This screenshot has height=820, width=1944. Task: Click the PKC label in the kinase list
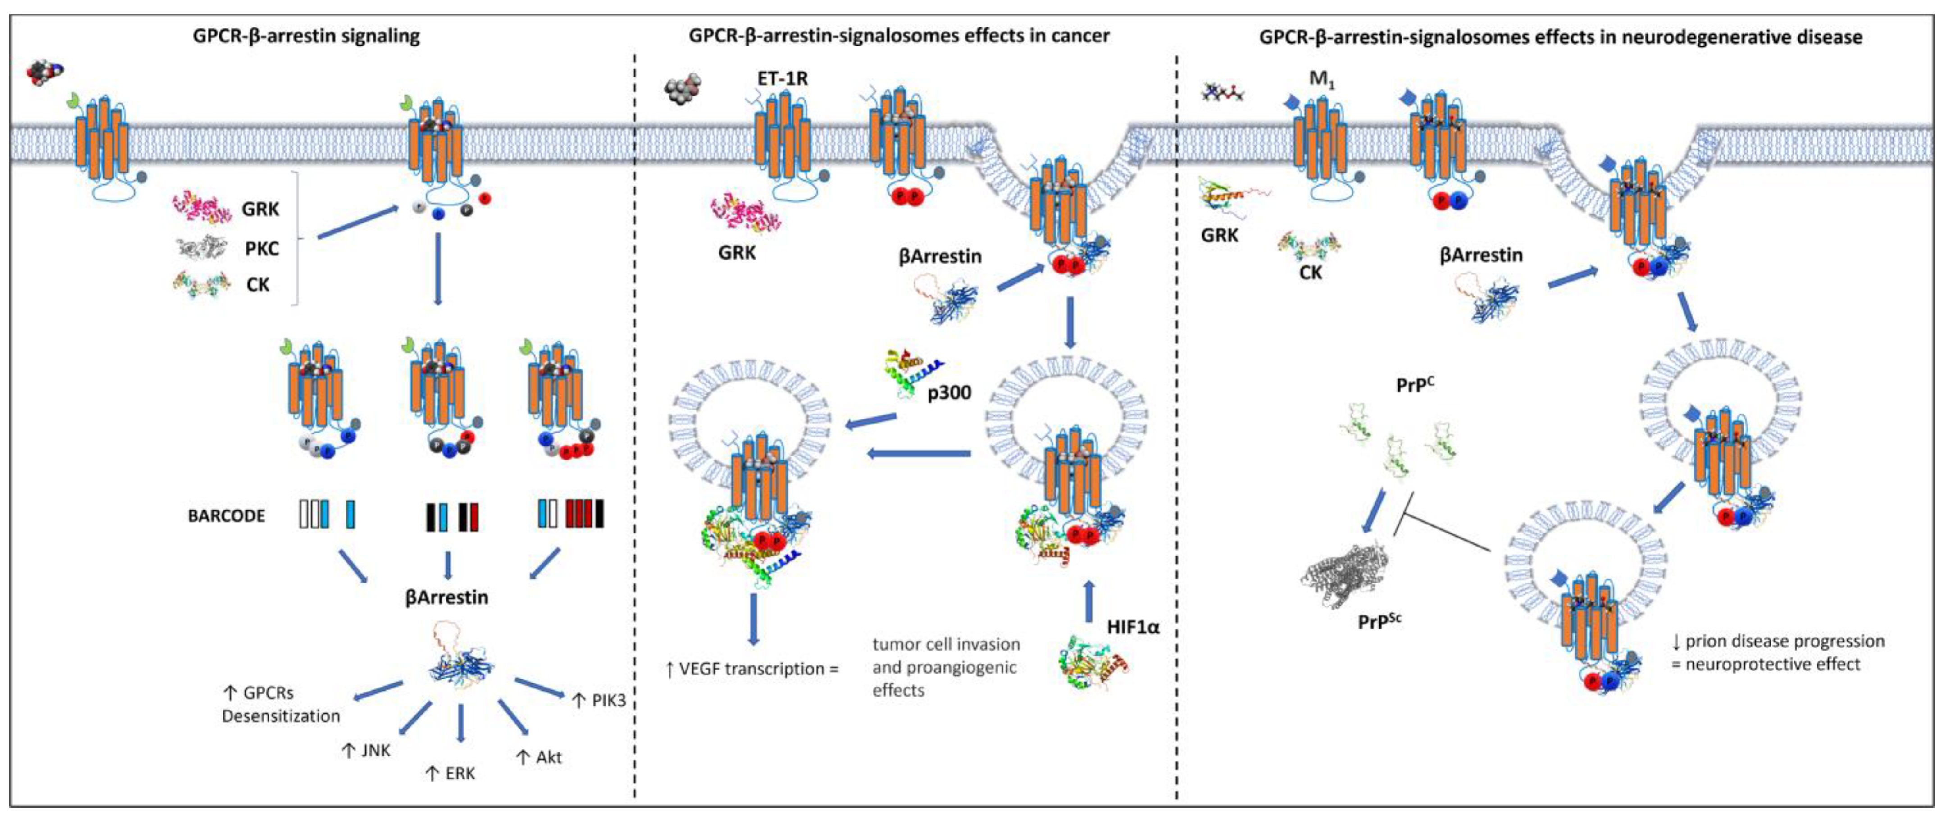click(261, 248)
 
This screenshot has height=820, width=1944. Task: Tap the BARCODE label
click(227, 516)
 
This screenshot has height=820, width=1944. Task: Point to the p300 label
click(949, 392)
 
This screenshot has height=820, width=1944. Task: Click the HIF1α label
click(1133, 627)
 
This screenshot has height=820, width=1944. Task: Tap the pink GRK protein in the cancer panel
click(745, 214)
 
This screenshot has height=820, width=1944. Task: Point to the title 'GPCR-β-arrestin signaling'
click(306, 36)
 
